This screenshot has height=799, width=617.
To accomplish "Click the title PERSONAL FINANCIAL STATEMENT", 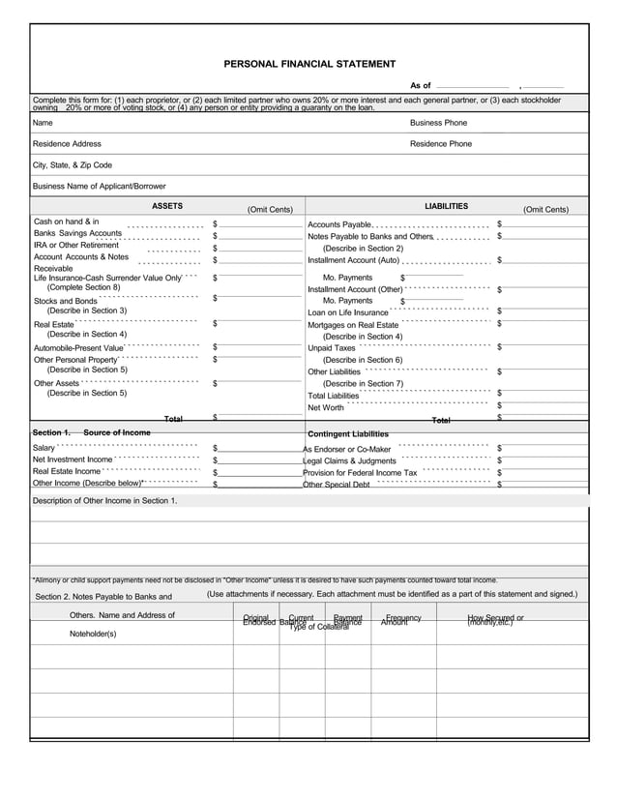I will [309, 64].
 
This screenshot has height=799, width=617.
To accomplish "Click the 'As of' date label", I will [420, 86].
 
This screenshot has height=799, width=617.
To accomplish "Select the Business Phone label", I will [438, 123].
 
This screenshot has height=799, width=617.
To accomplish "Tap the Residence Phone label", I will [441, 143].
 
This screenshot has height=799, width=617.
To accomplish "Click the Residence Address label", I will [67, 143].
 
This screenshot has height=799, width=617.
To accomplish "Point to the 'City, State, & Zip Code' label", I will [73, 164].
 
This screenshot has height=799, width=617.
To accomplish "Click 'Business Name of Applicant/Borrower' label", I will [99, 186].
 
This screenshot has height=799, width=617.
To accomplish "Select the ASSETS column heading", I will [167, 206].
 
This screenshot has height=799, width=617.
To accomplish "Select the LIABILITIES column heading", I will [446, 206].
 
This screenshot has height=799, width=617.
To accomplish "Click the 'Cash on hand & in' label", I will [66, 222].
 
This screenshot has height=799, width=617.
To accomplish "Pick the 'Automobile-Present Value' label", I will [78, 348].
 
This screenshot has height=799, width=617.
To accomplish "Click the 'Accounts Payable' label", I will [338, 224].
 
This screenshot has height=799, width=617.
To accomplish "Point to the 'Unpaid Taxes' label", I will [332, 348].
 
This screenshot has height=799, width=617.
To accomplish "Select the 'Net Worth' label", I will [326, 407].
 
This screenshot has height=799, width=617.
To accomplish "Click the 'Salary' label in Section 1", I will [44, 448].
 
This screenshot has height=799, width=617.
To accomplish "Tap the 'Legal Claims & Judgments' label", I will [349, 460].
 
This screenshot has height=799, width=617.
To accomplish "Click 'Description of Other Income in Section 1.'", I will [104, 500].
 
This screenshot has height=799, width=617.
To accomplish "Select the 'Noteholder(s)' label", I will [93, 634].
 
